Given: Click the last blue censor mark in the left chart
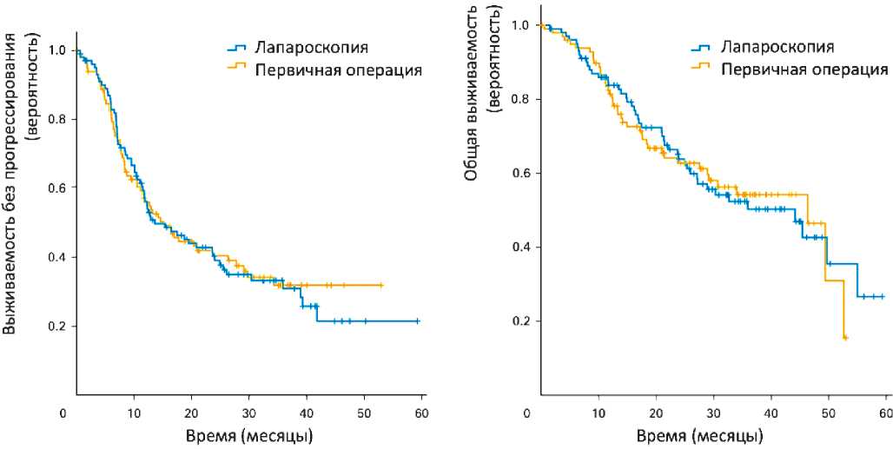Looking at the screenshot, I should coord(418,321).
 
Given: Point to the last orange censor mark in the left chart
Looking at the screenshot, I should coord(380,285).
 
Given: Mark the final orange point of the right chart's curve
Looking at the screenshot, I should coord(844,337).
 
